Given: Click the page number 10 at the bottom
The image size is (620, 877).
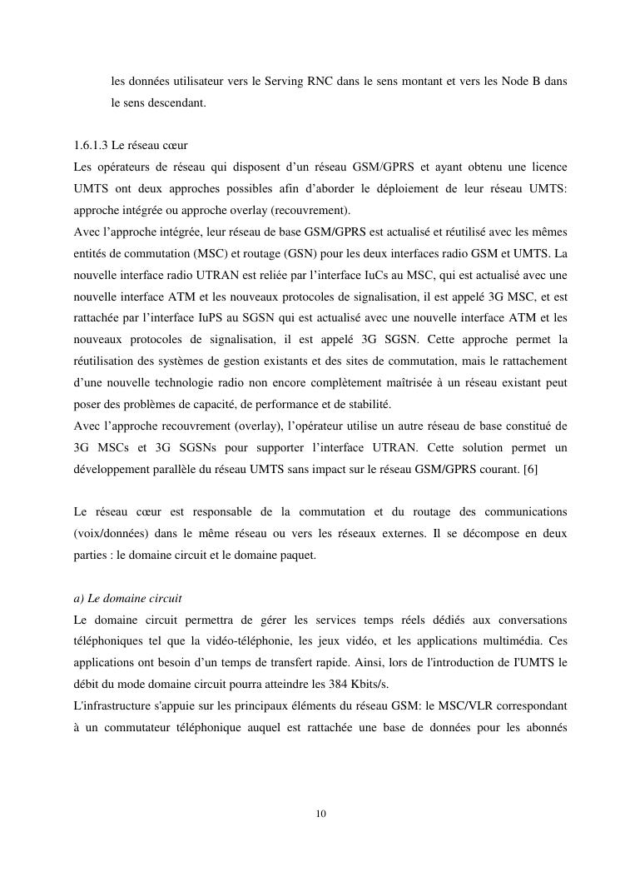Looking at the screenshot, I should (x=321, y=814).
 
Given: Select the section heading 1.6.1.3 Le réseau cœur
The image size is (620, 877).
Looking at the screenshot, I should (x=130, y=145).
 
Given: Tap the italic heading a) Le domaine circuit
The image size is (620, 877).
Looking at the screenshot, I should (x=127, y=599).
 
